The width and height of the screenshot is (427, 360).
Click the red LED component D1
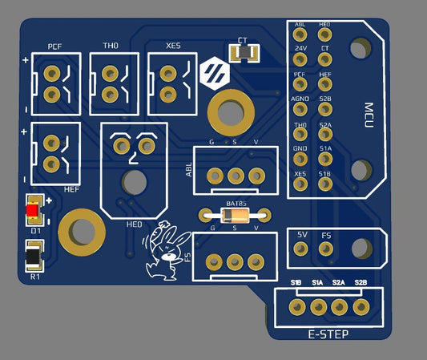click(33, 210)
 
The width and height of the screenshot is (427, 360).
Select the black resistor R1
click(34, 257)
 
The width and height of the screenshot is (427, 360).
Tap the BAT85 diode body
click(236, 216)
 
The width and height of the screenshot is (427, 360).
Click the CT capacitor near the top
click(244, 51)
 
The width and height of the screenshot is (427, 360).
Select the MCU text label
click(369, 115)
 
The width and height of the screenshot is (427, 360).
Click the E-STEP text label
click(328, 334)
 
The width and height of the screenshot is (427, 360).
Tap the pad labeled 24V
click(300, 59)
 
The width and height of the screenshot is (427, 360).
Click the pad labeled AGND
click(300, 109)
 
